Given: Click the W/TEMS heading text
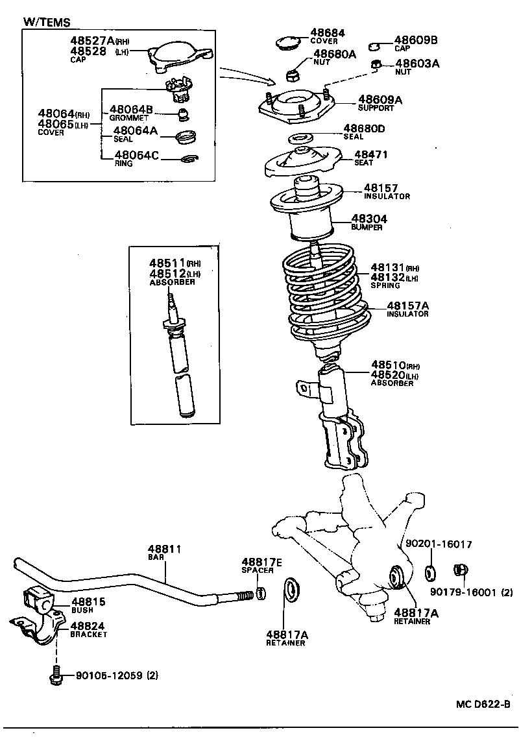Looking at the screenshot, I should pos(47,22).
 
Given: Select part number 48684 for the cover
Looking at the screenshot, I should pos(327,32).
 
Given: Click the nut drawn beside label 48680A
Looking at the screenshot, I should pos(293,73).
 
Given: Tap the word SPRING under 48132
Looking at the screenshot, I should pos(385,285).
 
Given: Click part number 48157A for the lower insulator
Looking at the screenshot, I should pos(407,305).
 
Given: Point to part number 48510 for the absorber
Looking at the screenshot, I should pos(388,365).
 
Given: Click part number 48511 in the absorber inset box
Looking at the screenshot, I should pos(167,263).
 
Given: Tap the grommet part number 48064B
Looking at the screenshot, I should pos(131,110).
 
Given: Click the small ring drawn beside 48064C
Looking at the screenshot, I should pos(190,159).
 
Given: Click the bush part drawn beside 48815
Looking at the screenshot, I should pos(38,599).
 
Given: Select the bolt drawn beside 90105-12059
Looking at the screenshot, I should pos(55,675).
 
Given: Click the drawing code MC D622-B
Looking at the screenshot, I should pos(482,705).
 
